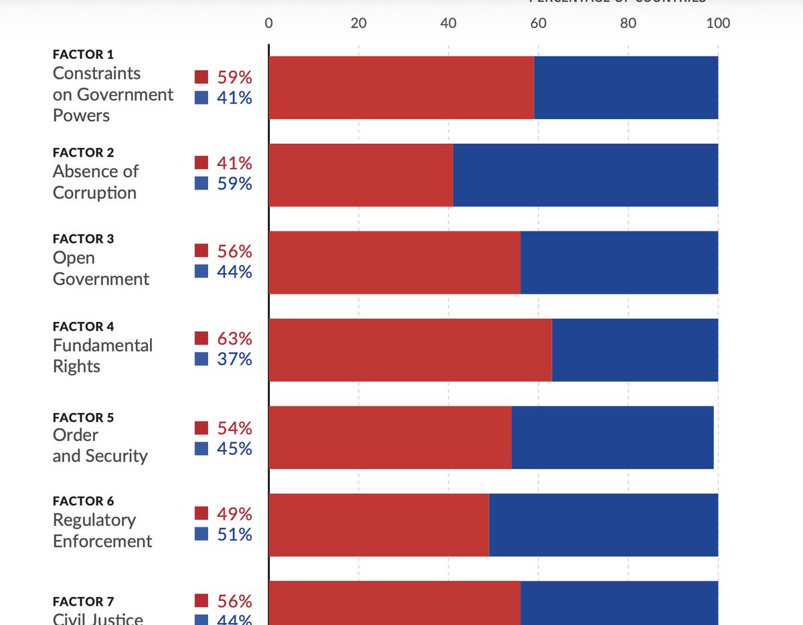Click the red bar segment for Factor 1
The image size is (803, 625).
coord(401,88)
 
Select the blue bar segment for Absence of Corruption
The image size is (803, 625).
coord(586,175)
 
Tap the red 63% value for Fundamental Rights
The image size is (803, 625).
coord(234,339)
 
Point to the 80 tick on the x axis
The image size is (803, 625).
coord(628,23)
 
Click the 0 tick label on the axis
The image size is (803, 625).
coord(269,23)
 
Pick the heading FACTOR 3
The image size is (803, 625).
coord(84,239)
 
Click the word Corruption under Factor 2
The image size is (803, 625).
coord(94,193)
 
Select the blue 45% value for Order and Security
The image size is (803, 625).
coord(234,448)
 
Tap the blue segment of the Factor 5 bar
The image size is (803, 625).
coord(612,437)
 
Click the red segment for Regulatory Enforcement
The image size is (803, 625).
coord(379,525)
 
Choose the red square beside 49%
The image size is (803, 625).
coord(201,513)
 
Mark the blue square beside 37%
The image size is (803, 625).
coord(201,359)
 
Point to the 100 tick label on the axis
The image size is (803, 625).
coord(718,23)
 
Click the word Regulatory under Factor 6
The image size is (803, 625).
coord(94,520)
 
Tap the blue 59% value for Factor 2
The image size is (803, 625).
coord(234,183)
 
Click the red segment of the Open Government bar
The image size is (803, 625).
coord(395,262)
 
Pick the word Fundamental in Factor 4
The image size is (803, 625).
coord(102,345)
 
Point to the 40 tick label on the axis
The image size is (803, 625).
coord(448,23)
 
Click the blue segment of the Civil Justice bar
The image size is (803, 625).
coord(619,602)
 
